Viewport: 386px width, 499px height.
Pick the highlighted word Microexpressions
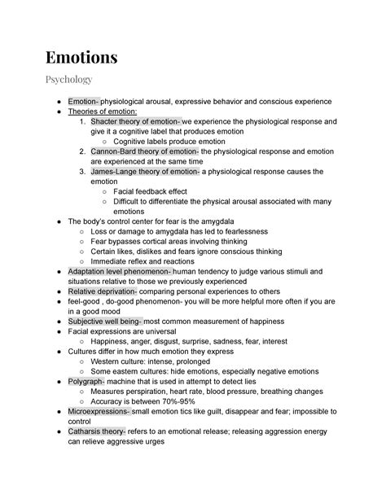coord(102,410)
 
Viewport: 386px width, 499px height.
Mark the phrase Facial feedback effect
coord(151,191)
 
